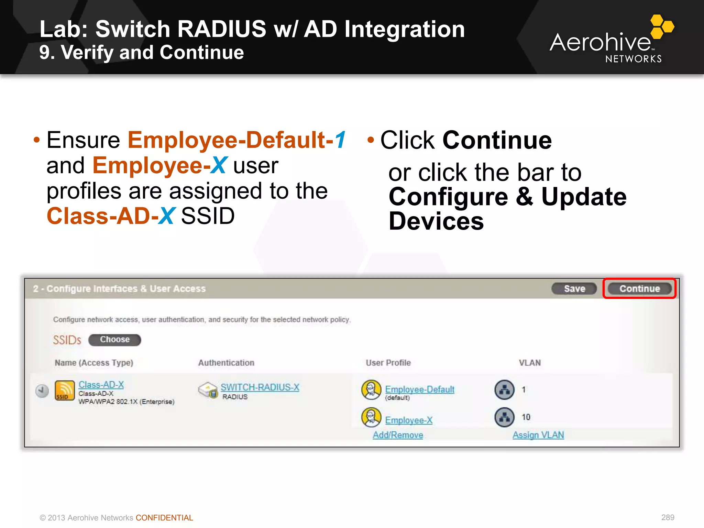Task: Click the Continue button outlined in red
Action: pyautogui.click(x=639, y=288)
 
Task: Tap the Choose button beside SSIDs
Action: pyautogui.click(x=114, y=340)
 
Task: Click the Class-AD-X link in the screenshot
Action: pyautogui.click(x=101, y=385)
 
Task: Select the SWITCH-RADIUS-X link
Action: pyautogui.click(x=260, y=387)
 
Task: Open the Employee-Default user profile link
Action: pyautogui.click(x=420, y=389)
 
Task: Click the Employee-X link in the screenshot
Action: pyautogui.click(x=409, y=420)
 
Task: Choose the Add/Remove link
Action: pyautogui.click(x=398, y=435)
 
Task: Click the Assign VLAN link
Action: pyautogui.click(x=538, y=435)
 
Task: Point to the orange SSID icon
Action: pyautogui.click(x=65, y=390)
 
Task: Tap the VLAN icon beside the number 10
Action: pyautogui.click(x=504, y=417)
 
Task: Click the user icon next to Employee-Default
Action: pyautogui.click(x=371, y=390)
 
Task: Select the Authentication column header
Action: pyautogui.click(x=226, y=363)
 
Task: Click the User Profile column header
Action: pyautogui.click(x=388, y=363)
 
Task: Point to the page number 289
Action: pyautogui.click(x=668, y=517)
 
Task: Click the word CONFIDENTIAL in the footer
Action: pyautogui.click(x=164, y=518)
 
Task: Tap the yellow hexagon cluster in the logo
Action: pyautogui.click(x=661, y=26)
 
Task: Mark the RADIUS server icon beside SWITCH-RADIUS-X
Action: pyautogui.click(x=208, y=390)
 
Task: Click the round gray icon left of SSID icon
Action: pyautogui.click(x=42, y=391)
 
